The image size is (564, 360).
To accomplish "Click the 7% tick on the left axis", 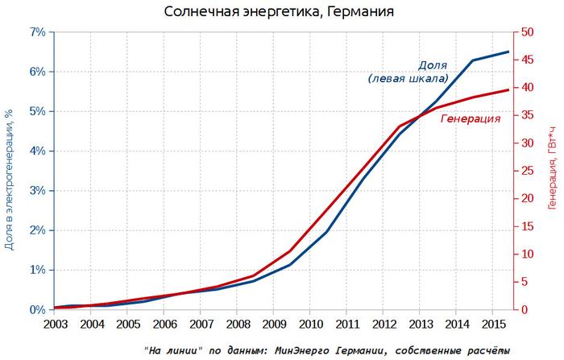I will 36,31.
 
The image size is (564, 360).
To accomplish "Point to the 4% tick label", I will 36,151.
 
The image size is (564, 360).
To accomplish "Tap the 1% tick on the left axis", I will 36,270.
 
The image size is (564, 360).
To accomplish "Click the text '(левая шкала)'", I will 407,79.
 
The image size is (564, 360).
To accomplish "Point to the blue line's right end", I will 508,52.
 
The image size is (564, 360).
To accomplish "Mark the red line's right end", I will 508,89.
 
